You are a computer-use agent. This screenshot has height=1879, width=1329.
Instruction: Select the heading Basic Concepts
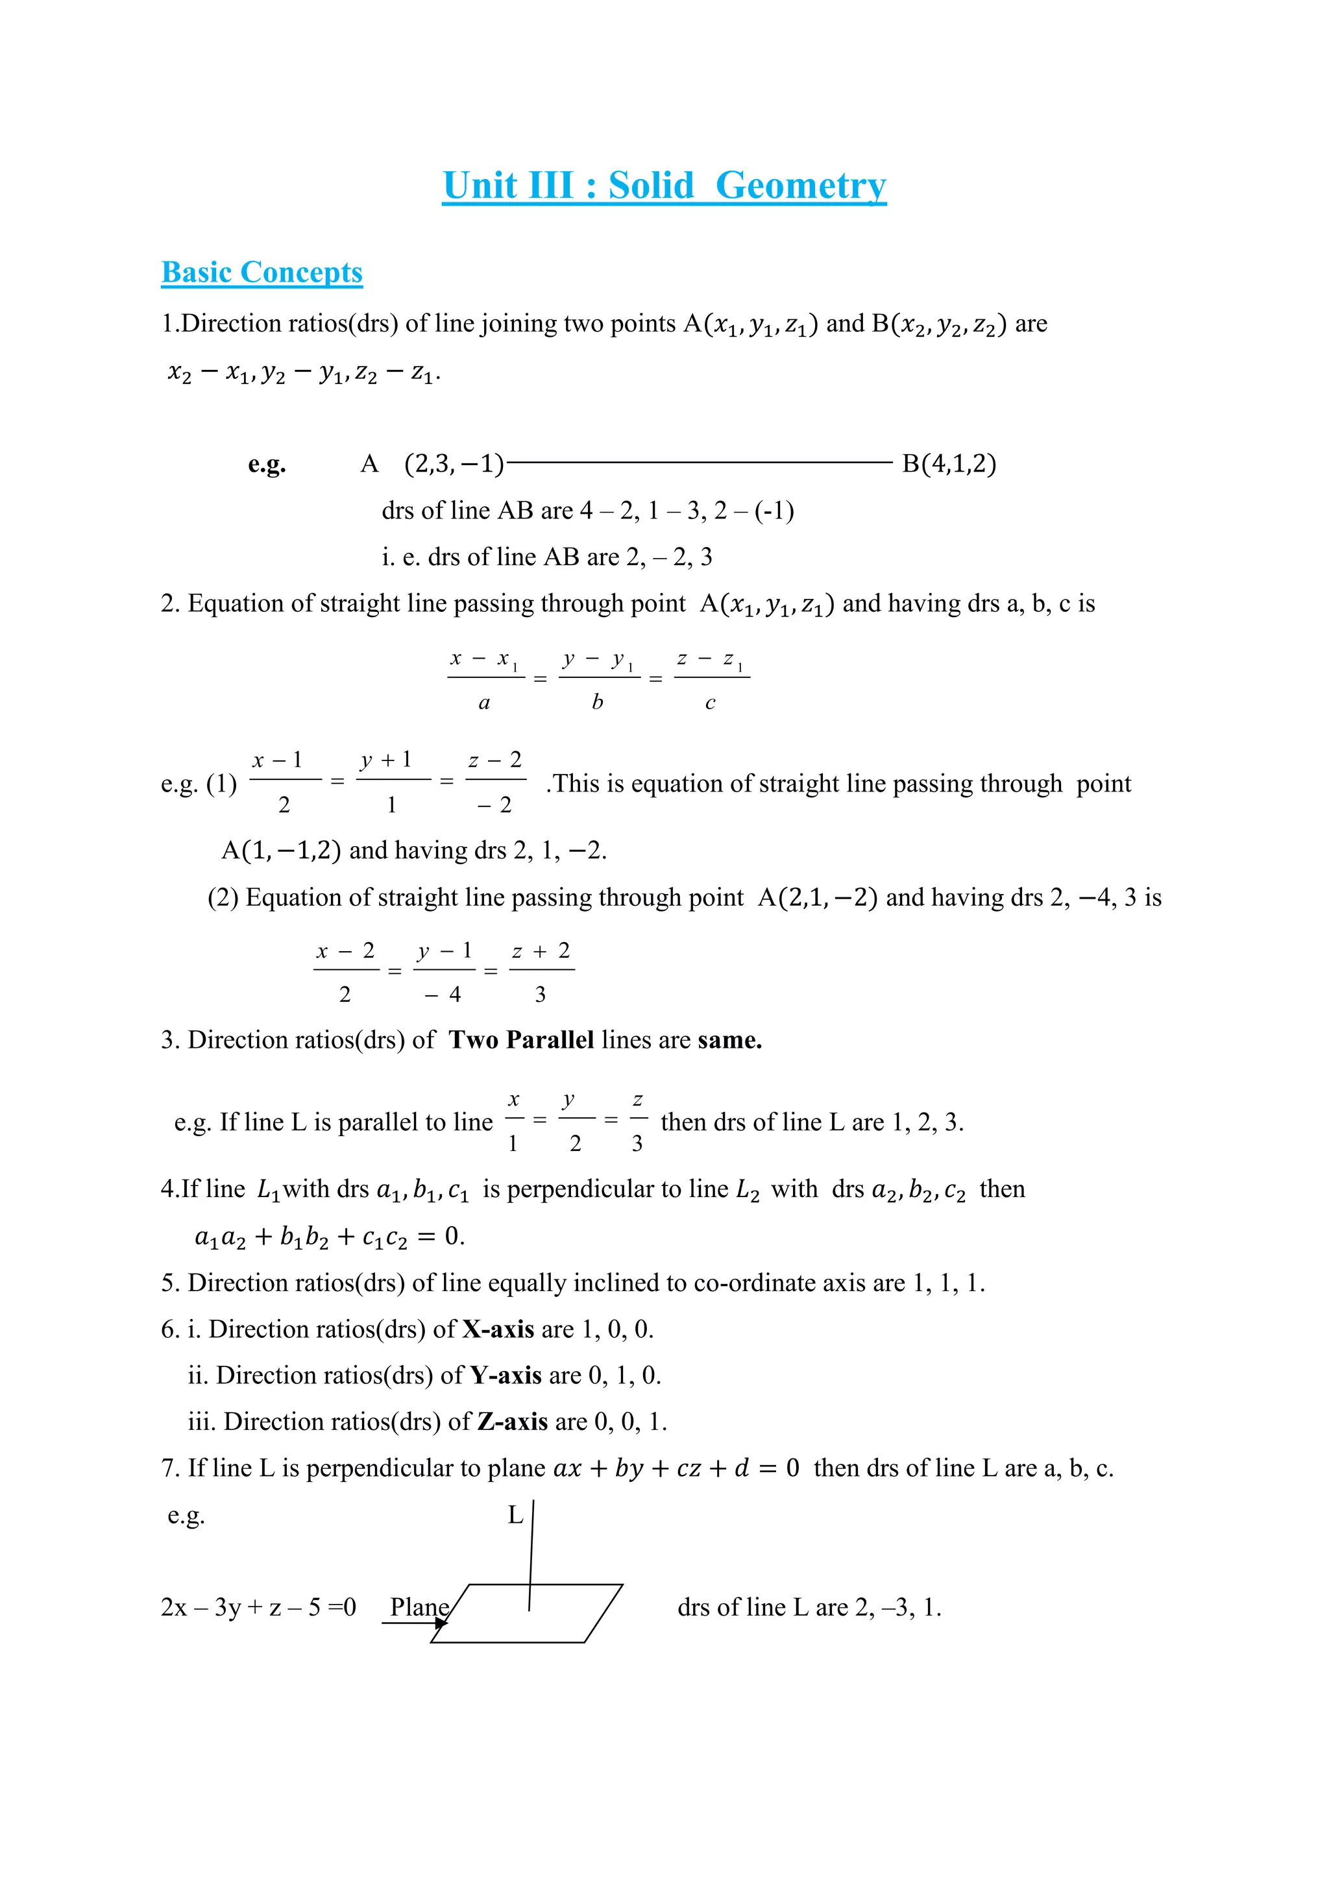point(262,273)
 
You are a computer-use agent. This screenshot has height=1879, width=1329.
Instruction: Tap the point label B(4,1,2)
point(949,464)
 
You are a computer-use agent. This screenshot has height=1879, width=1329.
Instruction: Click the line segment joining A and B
point(700,463)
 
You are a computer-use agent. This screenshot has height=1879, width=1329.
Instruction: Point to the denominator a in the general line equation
point(485,703)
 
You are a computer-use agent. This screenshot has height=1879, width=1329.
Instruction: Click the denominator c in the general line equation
point(711,703)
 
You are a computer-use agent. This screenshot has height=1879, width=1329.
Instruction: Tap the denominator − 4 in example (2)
point(443,995)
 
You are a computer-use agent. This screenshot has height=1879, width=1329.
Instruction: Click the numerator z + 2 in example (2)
point(541,951)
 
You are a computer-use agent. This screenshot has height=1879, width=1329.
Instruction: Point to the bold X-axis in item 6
point(498,1329)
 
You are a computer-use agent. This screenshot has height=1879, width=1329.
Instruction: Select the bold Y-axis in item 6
point(506,1376)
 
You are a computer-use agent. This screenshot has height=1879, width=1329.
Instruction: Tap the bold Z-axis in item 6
point(512,1422)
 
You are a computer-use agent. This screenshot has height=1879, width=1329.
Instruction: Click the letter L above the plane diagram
point(515,1515)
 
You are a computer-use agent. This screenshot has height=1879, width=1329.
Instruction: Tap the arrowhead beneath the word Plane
point(441,1623)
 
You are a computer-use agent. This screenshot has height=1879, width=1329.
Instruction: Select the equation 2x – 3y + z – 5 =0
point(259,1607)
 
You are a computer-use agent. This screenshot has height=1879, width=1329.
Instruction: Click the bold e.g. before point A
point(267,464)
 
